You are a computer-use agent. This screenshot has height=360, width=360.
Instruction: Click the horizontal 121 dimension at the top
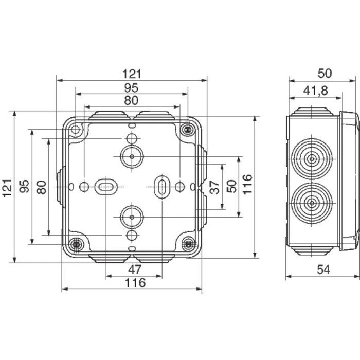click(x=132, y=74)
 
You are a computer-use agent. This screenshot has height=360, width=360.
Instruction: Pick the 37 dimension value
click(x=215, y=187)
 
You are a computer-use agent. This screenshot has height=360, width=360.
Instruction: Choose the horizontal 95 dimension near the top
click(x=132, y=87)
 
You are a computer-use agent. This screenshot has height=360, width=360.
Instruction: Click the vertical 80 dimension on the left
click(x=42, y=187)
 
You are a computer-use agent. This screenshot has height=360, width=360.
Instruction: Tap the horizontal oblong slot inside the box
click(x=105, y=186)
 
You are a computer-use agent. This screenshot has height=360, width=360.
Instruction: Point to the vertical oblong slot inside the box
click(x=161, y=186)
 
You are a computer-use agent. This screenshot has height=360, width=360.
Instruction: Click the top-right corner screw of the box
click(x=188, y=129)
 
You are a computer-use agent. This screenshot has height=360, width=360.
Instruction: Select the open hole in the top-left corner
click(x=76, y=129)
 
